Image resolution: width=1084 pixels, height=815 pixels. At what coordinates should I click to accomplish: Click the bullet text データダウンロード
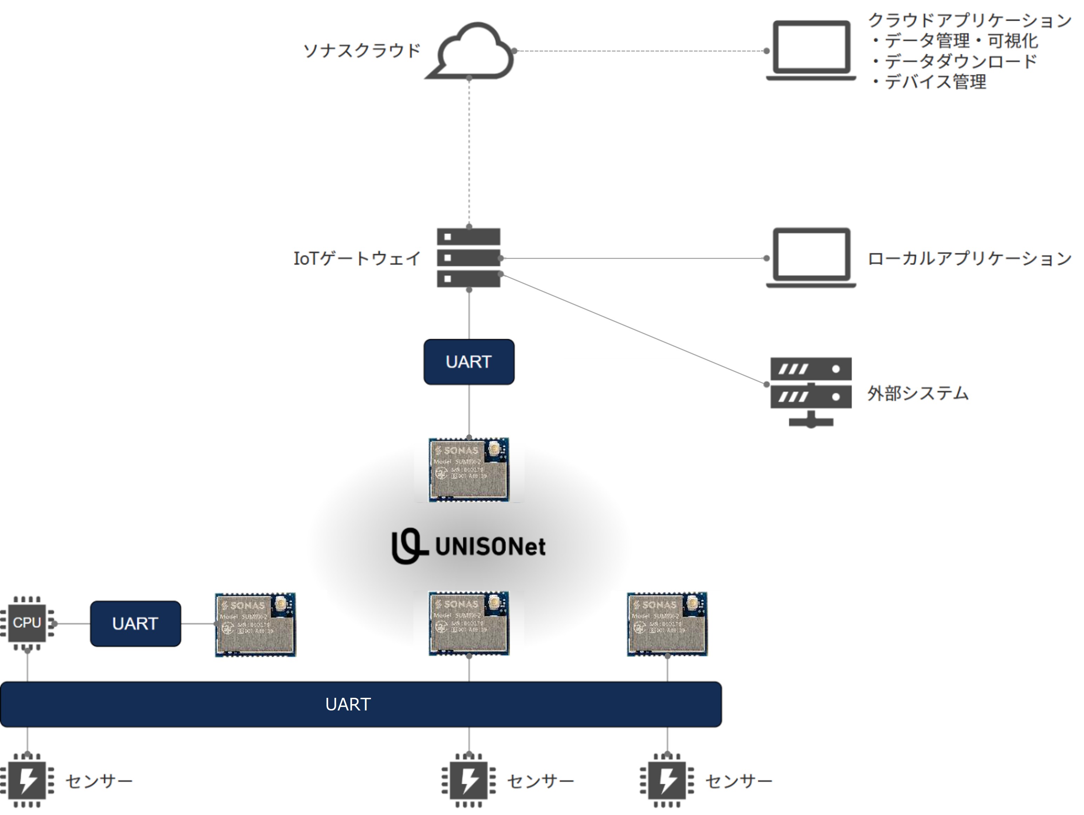960,61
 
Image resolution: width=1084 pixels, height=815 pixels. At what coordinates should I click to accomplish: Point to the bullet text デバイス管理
935,82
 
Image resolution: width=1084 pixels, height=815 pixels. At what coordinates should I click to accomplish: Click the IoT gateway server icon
468,258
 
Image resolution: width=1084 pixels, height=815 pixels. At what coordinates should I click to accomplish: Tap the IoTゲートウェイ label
357,258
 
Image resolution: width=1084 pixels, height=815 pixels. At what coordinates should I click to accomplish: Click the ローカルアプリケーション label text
969,258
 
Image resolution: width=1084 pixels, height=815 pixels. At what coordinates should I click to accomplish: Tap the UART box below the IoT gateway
469,362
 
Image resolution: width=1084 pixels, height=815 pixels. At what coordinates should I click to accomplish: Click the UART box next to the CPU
135,623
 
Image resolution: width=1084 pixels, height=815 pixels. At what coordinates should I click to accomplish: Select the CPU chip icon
27,623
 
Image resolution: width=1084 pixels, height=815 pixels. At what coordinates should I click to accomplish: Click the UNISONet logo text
490,547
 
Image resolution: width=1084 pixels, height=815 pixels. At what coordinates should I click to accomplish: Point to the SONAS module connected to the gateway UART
469,469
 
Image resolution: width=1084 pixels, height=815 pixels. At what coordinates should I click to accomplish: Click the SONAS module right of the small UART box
255,624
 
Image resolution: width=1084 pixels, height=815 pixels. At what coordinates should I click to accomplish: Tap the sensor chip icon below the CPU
27,780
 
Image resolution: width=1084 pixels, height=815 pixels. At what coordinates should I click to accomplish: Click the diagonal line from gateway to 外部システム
632,328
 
